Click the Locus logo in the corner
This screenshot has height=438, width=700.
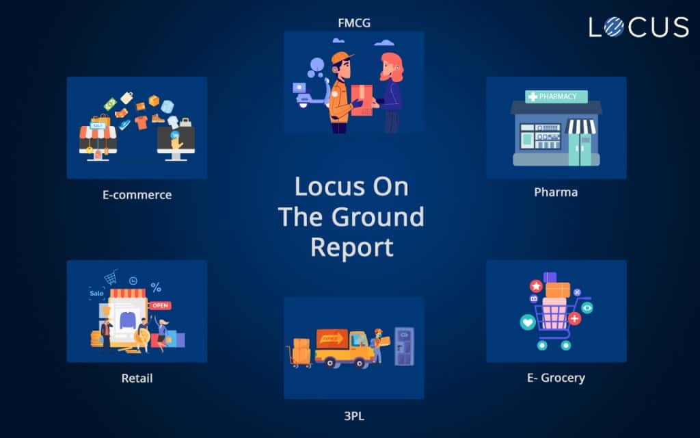pyautogui.click(x=638, y=27)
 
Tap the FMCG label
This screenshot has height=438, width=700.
pyautogui.click(x=354, y=23)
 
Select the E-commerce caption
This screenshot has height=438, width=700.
pyautogui.click(x=137, y=195)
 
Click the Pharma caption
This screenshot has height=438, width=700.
pyautogui.click(x=556, y=192)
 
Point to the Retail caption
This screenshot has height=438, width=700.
pyautogui.click(x=137, y=378)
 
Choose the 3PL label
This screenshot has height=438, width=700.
pyautogui.click(x=354, y=415)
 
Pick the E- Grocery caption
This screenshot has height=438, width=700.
pyautogui.click(x=556, y=377)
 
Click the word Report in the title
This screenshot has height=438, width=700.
pyautogui.click(x=351, y=247)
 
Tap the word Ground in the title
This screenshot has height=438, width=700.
pyautogui.click(x=377, y=217)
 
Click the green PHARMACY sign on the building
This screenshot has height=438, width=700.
pyautogui.click(x=556, y=96)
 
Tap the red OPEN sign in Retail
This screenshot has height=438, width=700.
pyautogui.click(x=160, y=305)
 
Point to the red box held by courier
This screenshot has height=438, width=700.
pyautogui.click(x=362, y=100)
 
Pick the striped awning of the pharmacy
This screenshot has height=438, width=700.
pyautogui.click(x=582, y=127)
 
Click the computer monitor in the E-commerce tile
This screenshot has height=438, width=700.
pyautogui.click(x=176, y=141)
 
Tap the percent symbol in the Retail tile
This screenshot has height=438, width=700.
pyautogui.click(x=156, y=287)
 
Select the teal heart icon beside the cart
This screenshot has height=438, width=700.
pyautogui.click(x=527, y=320)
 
